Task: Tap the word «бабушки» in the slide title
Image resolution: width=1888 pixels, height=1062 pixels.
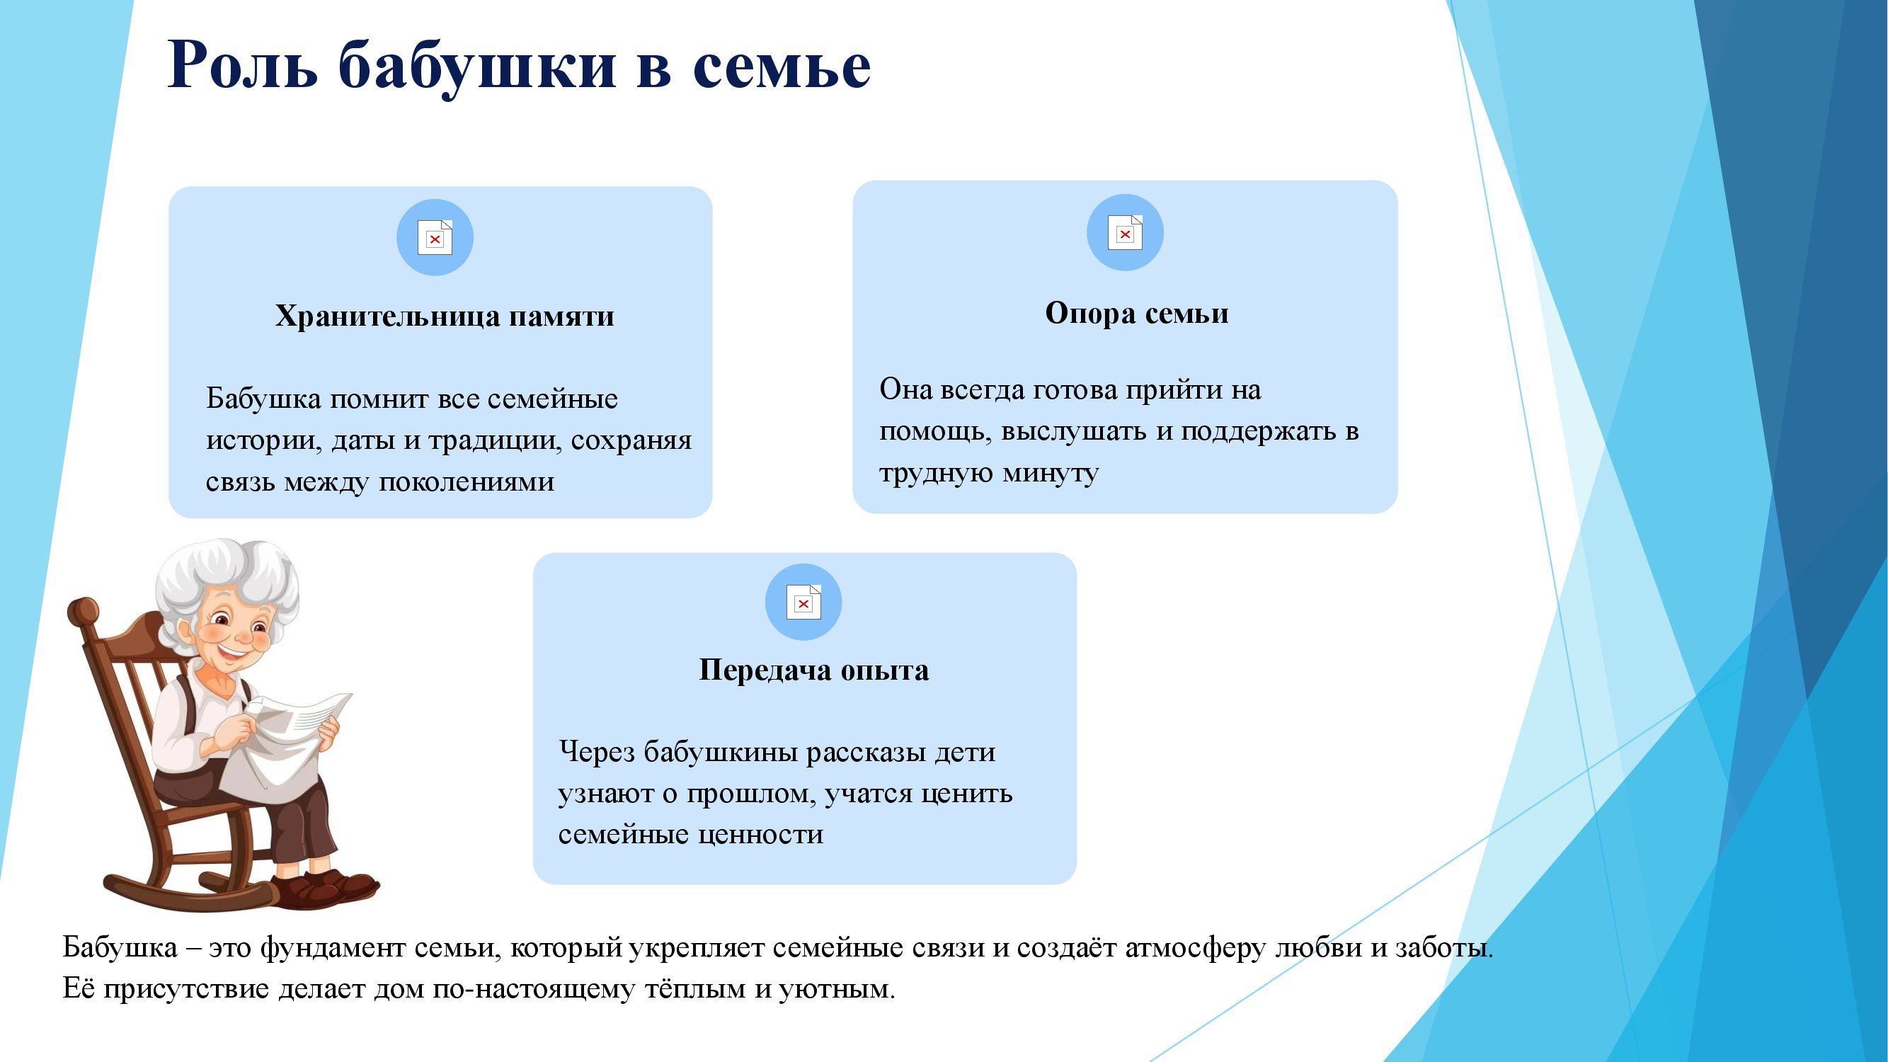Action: pyautogui.click(x=477, y=67)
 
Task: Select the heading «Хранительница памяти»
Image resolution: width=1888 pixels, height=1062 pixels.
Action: pyautogui.click(x=445, y=316)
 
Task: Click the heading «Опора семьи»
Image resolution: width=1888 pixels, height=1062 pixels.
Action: pyautogui.click(x=1137, y=313)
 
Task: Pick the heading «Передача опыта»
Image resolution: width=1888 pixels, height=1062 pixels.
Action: pyautogui.click(x=813, y=670)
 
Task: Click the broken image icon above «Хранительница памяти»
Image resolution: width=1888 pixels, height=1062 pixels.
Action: pyautogui.click(x=435, y=237)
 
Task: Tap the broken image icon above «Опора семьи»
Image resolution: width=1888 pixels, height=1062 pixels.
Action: pyautogui.click(x=1125, y=232)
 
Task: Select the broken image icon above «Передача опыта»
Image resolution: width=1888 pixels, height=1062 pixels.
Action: pyautogui.click(x=803, y=602)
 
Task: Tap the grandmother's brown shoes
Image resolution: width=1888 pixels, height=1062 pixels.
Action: pyautogui.click(x=323, y=887)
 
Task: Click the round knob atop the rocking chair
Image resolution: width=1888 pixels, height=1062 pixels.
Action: pyautogui.click(x=82, y=612)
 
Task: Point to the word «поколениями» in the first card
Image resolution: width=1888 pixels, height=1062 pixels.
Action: pyautogui.click(x=466, y=482)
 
